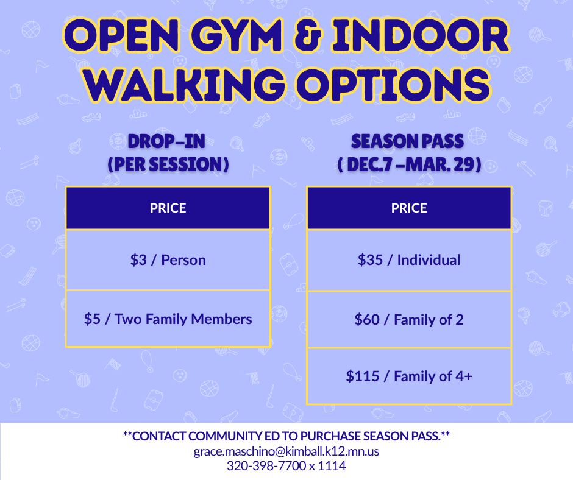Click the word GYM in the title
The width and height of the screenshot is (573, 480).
[x=237, y=35]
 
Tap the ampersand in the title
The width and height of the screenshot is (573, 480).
[x=308, y=35]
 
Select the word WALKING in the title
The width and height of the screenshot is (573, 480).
[x=185, y=84]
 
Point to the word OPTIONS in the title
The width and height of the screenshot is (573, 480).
[x=393, y=84]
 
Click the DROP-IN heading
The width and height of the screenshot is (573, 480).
[x=166, y=141]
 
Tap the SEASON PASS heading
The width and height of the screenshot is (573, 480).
[x=407, y=141]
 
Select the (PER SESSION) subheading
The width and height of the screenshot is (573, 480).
[x=168, y=164]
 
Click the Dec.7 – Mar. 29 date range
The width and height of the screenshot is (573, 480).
[x=409, y=164]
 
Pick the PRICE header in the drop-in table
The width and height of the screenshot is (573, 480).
[x=168, y=208]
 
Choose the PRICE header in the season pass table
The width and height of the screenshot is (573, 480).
[x=409, y=208]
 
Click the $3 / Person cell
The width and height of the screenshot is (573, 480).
[x=168, y=260]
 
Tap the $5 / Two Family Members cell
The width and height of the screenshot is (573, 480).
[x=168, y=319]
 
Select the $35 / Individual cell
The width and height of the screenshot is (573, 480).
[x=409, y=260]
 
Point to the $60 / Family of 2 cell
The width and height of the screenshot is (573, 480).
[x=409, y=320]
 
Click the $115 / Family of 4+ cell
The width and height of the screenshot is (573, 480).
[x=409, y=376]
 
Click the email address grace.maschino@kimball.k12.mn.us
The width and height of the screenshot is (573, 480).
[x=286, y=451]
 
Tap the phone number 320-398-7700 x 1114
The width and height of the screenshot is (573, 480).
[x=286, y=466]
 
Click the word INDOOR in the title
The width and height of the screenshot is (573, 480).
[x=421, y=35]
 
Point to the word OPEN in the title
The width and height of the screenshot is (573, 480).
[x=122, y=35]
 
